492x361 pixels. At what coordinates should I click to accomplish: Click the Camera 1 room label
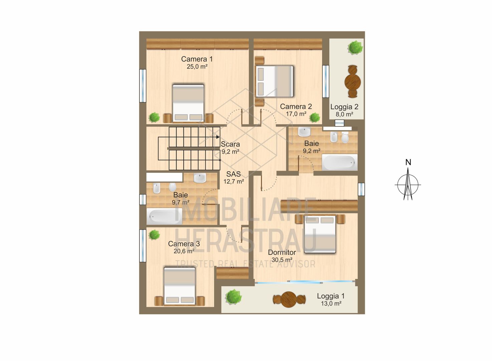pos(197,59)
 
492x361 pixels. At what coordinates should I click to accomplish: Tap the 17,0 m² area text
pos(296,114)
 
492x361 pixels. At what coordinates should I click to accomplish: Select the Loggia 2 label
pos(344,107)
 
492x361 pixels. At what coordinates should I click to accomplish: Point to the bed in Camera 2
pos(274,81)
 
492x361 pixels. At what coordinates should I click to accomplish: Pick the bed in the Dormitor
pos(320,234)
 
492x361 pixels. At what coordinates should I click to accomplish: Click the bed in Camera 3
pos(179,286)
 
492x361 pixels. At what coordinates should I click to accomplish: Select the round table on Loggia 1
pos(289,299)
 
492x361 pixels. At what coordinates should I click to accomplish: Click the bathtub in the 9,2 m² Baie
pos(339,162)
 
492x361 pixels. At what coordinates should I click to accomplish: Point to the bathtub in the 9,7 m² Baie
pos(164,216)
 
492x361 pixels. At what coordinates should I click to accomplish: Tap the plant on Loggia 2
pos(355,47)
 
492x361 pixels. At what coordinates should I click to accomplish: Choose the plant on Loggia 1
pos(233,297)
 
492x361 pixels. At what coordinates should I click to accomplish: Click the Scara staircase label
pos(230,144)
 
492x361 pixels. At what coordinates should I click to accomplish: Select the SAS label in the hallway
pos(233,174)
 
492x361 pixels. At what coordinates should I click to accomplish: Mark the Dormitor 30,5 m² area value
pos(282,260)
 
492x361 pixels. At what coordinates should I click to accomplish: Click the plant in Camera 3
pos(154,234)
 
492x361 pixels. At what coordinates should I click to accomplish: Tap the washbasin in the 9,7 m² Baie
pos(200,178)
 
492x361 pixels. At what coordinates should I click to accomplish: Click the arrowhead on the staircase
pos(218,137)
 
